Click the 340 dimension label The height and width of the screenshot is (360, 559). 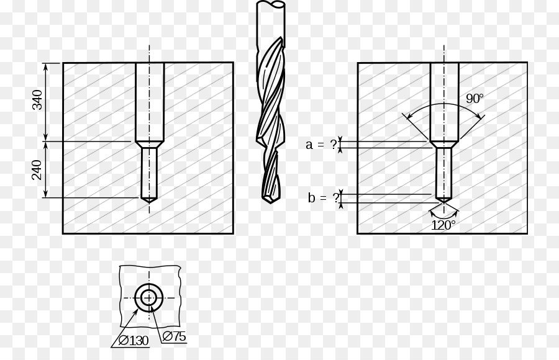37,100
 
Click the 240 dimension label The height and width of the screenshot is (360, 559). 37,170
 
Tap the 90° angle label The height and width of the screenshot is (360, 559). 475,98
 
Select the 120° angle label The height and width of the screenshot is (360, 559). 443,225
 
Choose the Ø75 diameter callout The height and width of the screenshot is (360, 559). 174,336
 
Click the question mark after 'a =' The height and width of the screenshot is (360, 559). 334,145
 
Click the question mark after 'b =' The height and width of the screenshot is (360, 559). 336,197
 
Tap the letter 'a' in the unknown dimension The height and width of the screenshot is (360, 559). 309,145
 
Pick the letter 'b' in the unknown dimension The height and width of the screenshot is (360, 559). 312,197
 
